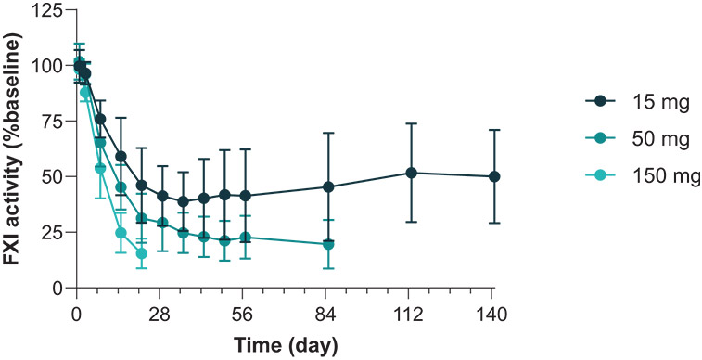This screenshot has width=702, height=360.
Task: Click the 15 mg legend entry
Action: coord(636,102)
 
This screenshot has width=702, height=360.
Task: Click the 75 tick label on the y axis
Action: coord(54,121)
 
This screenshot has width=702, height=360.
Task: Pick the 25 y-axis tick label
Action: coord(54,232)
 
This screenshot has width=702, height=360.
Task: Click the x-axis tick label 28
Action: coord(160,315)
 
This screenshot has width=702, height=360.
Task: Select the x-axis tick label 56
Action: coord(243,315)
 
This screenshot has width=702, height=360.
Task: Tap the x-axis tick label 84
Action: coord(325,315)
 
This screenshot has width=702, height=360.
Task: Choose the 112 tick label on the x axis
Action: coord(408,315)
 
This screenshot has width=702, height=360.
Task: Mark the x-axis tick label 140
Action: coord(491,315)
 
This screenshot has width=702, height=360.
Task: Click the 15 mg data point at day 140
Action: coord(494,176)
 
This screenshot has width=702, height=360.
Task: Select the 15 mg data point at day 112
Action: coord(412,173)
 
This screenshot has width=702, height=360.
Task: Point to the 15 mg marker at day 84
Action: coord(328,187)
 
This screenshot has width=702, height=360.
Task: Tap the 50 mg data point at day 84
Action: coord(328,244)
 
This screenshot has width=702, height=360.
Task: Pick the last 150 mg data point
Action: coord(142,253)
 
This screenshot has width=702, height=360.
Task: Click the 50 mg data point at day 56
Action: coord(246,238)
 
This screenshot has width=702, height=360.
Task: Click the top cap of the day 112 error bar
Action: coord(412,123)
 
